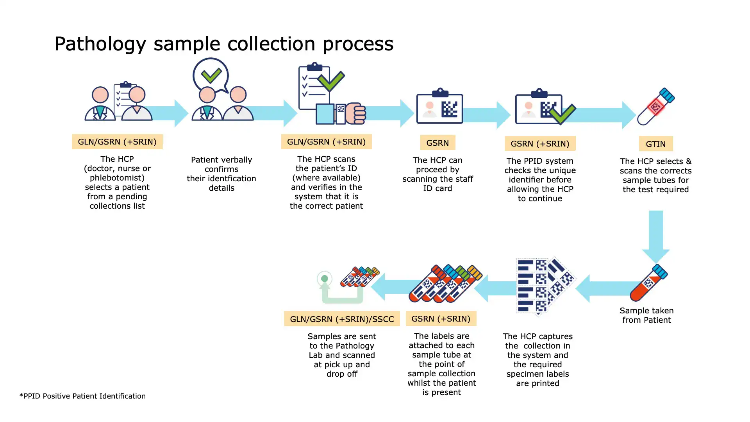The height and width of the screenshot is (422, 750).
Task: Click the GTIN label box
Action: coord(655,144)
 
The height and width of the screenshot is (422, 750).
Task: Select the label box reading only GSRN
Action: coord(437,143)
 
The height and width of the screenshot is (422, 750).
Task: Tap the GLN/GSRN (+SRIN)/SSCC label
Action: coord(342,319)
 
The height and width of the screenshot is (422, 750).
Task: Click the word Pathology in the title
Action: coord(100,44)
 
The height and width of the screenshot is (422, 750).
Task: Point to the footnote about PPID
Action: coord(82,396)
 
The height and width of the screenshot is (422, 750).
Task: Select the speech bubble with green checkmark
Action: coord(211,75)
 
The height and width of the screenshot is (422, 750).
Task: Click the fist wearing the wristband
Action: coord(355,113)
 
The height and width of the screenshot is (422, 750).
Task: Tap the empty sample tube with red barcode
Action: coord(656,106)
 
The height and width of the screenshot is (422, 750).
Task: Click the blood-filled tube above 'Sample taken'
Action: coord(648,283)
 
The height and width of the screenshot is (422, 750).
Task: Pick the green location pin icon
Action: coord(325,279)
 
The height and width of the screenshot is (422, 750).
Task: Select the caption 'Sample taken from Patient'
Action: coord(646,315)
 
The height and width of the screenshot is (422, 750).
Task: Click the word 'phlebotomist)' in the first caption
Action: coord(117,178)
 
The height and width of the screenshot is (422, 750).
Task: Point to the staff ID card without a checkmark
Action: coord(440,107)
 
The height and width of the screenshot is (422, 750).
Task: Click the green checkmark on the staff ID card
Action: coord(562,114)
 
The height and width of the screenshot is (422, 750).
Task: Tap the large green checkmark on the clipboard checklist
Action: coord(330,81)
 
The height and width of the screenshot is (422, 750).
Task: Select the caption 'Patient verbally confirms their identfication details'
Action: coord(221,173)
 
